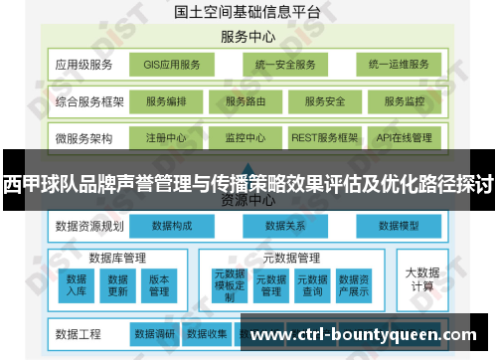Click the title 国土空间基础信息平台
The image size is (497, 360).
click(x=248, y=13)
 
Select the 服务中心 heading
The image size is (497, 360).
click(x=248, y=37)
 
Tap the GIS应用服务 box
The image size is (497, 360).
click(x=171, y=66)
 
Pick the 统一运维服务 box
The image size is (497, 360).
click(x=398, y=66)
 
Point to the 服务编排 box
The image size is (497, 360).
click(x=166, y=101)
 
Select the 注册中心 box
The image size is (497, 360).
click(x=166, y=137)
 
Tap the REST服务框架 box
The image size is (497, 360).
click(x=325, y=137)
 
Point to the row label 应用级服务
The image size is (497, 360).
click(x=83, y=66)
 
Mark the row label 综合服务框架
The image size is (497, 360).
click(x=89, y=101)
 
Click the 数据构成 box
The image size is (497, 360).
click(x=172, y=227)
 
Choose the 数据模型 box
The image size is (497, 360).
click(x=402, y=227)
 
